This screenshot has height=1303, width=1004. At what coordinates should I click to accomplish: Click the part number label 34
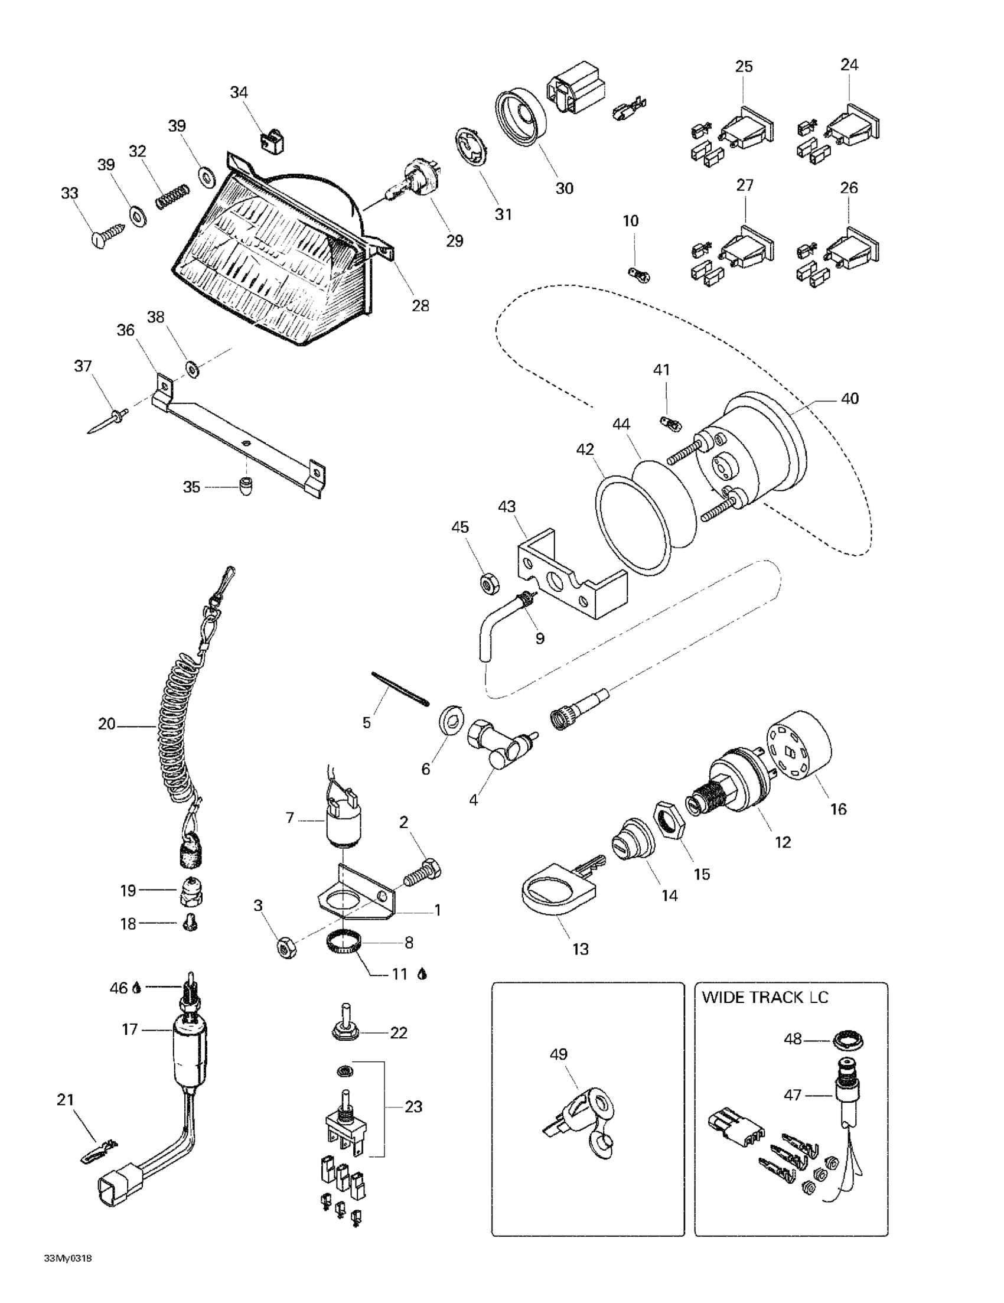click(x=239, y=93)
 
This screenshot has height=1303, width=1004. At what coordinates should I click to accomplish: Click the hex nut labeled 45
click(x=490, y=583)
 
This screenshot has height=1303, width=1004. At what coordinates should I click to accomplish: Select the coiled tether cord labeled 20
click(x=179, y=725)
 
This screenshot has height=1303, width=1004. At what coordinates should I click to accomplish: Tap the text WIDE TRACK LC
click(x=765, y=997)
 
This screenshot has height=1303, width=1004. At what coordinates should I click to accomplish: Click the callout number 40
click(x=849, y=398)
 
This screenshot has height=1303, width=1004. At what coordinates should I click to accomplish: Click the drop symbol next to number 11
click(x=422, y=974)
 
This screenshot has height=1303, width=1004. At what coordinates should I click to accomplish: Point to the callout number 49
click(x=558, y=1054)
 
